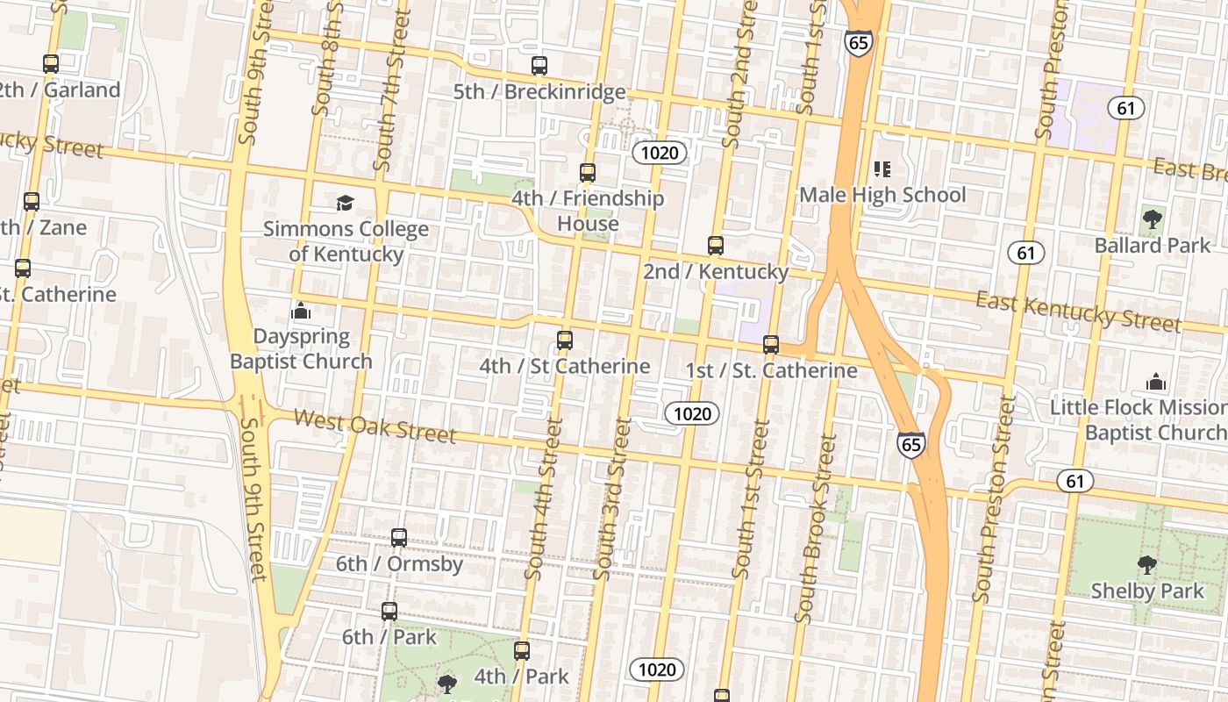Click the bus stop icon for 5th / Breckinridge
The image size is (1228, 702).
[539, 66]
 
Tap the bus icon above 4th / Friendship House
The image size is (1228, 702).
[588, 173]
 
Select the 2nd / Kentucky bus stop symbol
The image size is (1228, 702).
[716, 246]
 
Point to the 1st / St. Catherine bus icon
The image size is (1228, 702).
[771, 345]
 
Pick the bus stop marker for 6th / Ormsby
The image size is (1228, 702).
[399, 538]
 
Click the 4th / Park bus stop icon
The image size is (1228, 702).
[522, 651]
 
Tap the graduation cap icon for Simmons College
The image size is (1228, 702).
[346, 204]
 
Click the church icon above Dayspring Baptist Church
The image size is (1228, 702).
[301, 312]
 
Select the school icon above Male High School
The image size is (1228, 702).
[882, 169]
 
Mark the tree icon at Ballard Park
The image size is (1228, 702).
[1153, 219]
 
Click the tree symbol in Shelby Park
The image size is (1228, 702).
[1146, 565]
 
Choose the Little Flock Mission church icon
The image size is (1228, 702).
[1156, 383]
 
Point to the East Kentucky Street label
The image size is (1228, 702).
[1078, 312]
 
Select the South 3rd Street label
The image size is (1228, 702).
[611, 498]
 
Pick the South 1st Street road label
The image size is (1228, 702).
[751, 498]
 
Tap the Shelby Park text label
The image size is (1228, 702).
[1147, 591]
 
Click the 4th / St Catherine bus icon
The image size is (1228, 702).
[565, 340]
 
